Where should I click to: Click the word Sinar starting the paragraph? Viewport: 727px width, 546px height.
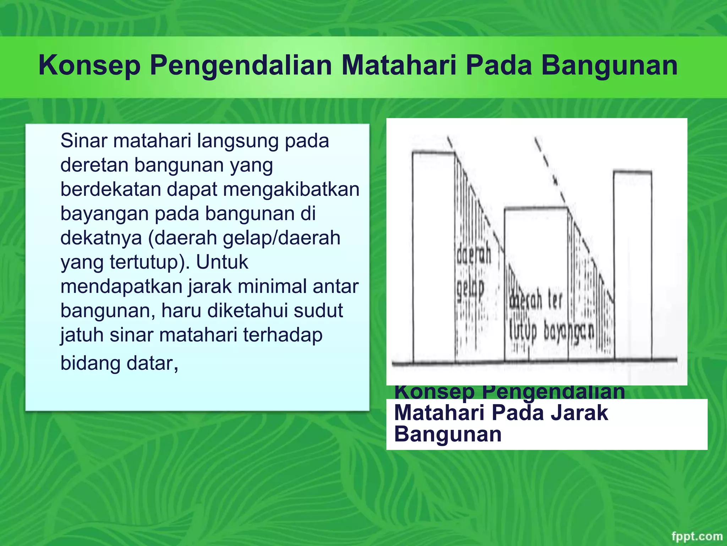83,141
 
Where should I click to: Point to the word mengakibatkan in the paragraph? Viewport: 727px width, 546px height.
291,189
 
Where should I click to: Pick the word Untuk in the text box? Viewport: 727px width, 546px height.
222,262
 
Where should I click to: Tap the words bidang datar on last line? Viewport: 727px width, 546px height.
119,364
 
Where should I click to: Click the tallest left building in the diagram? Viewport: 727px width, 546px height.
433,256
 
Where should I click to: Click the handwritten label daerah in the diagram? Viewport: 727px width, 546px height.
474,255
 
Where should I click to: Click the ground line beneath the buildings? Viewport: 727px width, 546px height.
532,362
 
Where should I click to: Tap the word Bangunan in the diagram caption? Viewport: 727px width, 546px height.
448,435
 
